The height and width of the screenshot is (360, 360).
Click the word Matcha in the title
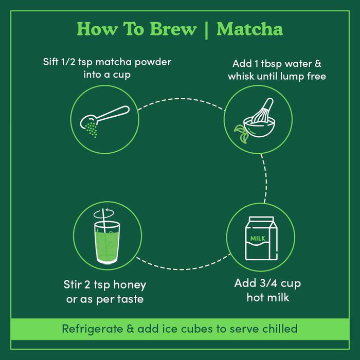(x=249, y=29)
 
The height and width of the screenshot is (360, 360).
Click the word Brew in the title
(x=172, y=29)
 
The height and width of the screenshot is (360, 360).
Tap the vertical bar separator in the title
(x=206, y=29)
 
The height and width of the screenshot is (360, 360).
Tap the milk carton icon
(x=261, y=238)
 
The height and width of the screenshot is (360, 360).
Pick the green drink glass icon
(x=107, y=238)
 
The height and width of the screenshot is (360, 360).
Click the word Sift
(x=52, y=62)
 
